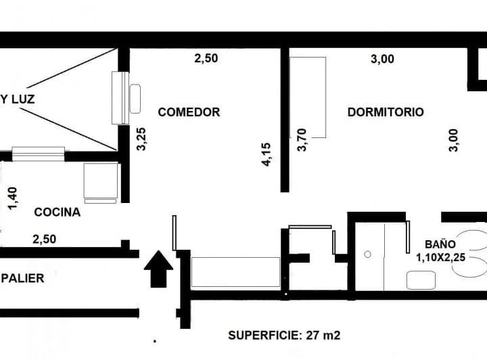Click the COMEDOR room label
189,112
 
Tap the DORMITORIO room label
386,112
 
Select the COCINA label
57,212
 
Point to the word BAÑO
440,244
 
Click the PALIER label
22,278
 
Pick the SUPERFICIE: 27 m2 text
284,336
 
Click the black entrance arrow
158,269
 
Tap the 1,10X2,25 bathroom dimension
441,258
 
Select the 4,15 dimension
266,154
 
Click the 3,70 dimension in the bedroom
302,140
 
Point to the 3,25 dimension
141,139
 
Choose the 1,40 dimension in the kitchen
12,198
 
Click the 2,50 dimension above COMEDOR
206,58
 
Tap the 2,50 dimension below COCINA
45,239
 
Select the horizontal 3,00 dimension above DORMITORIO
382,59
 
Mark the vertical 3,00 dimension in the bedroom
453,140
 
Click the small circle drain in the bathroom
367,254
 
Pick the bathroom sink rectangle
421,280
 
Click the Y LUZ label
18,99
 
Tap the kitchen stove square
101,181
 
